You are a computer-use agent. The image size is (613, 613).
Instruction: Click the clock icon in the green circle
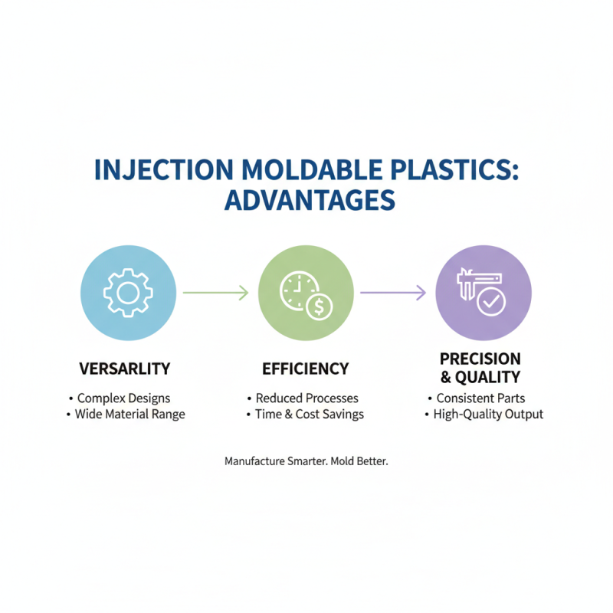[x=297, y=287]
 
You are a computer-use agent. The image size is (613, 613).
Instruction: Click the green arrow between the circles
[x=216, y=292]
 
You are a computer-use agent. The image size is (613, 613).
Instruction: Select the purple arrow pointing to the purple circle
[x=393, y=292]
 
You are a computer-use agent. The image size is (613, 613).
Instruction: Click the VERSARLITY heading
[x=125, y=369]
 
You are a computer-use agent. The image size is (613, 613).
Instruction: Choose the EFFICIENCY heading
[x=306, y=369]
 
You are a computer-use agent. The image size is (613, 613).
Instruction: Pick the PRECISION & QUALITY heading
[x=480, y=368]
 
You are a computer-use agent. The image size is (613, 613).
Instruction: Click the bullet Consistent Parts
[x=480, y=398]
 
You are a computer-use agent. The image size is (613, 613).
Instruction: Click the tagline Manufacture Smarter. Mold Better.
[x=306, y=462]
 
